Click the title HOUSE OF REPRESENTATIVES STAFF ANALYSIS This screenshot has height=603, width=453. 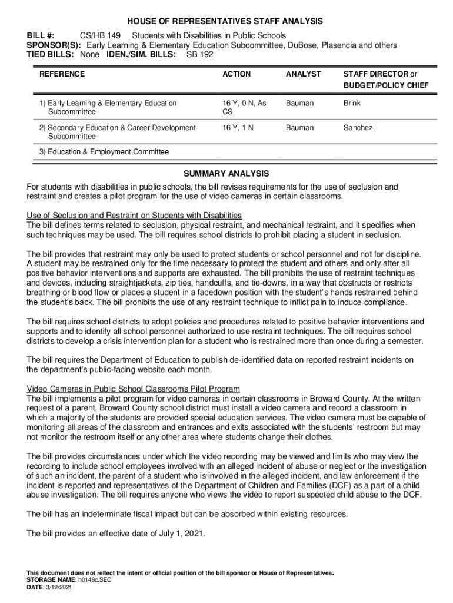point(226,21)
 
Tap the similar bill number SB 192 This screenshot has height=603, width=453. point(200,54)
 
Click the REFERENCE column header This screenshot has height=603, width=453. point(62,74)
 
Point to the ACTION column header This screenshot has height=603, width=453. point(237,74)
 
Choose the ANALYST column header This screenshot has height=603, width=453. point(303,74)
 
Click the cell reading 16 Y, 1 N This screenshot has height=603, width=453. point(238,128)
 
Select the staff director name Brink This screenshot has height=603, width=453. point(352,103)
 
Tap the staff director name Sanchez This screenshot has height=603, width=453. point(358,128)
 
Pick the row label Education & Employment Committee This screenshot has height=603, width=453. point(108,152)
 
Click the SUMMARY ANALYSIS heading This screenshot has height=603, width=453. point(226,174)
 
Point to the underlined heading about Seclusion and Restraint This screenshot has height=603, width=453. point(135,215)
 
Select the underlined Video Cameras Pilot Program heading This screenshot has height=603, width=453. point(134,389)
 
